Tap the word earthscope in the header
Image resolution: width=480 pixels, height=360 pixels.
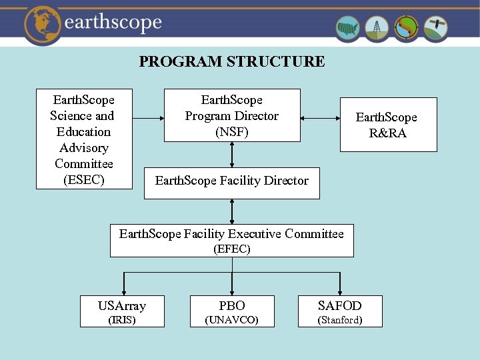point(113,23)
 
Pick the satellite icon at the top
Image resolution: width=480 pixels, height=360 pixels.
point(435,28)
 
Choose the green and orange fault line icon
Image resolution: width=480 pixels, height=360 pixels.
point(406,29)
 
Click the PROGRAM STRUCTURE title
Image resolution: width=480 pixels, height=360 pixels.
point(232,62)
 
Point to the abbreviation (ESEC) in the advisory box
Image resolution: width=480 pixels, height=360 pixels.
point(84,180)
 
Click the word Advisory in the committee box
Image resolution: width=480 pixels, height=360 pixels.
point(84,148)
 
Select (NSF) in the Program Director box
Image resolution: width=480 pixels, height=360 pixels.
point(232,132)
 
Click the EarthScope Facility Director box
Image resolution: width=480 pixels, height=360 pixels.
point(232,181)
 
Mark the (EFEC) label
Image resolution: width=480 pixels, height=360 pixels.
point(232,249)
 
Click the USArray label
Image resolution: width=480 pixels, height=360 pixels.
point(122,306)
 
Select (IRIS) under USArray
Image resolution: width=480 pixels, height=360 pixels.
point(122,320)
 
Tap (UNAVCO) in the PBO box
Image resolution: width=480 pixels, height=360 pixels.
point(232,321)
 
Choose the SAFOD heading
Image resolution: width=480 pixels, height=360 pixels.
point(340,306)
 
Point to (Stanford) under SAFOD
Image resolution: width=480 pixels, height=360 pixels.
point(340,321)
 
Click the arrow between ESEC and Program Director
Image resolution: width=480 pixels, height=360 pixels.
point(149,118)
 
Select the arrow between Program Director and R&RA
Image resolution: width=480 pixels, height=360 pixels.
point(320,118)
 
